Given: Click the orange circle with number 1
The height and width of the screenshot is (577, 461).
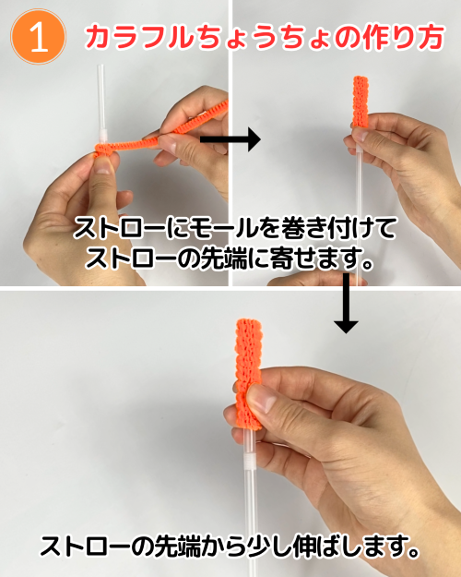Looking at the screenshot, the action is coord(38,37).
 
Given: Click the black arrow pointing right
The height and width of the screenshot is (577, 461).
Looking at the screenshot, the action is coord(230,139).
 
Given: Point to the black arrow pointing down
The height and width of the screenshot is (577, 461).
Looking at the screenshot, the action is coord(346,303).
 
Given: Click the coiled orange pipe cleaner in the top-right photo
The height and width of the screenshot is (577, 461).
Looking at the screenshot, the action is coord(361,102).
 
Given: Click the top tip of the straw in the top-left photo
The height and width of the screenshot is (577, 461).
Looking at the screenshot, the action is coord(100,66).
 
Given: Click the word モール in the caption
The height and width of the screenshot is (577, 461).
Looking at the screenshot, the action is coord(227,228).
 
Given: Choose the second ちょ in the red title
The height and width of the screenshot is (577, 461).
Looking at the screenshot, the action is coord(308,37).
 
